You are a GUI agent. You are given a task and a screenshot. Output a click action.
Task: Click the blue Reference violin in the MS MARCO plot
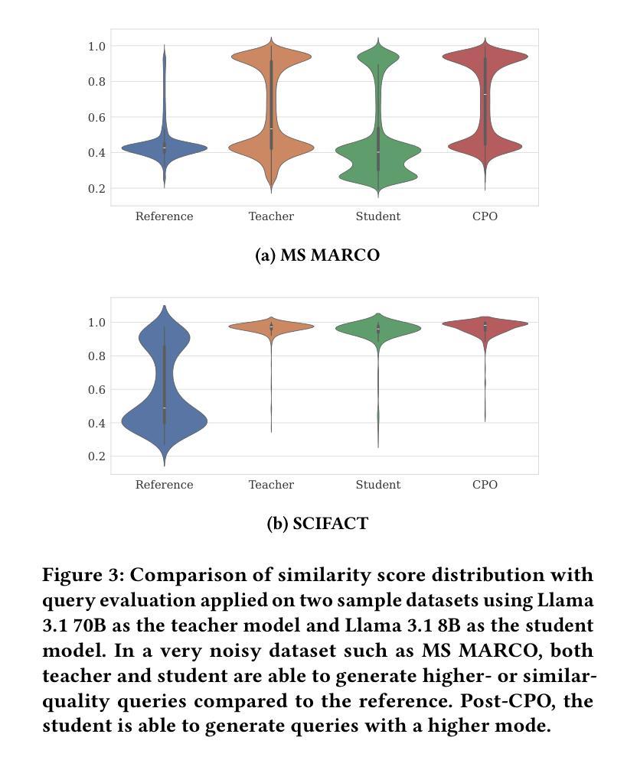164,148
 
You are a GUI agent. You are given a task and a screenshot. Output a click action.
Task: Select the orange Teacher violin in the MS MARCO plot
271,145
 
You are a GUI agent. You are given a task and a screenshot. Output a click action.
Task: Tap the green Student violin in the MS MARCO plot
378,151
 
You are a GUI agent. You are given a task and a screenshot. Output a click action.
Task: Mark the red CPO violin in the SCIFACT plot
485,324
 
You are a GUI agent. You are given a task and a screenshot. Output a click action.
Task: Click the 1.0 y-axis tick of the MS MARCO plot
96,47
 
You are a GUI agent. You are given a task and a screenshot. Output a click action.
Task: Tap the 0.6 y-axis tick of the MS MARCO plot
96,117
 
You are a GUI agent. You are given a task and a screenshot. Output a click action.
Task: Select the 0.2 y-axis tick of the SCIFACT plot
96,456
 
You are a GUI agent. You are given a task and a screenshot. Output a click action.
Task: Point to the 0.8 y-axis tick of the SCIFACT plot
96,356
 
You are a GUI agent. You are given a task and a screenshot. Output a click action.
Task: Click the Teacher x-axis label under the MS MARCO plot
271,216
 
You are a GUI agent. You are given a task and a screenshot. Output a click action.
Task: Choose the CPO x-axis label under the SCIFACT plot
485,485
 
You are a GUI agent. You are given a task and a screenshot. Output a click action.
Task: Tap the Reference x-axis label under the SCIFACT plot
164,485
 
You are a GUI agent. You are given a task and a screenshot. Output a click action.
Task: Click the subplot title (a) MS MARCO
318,255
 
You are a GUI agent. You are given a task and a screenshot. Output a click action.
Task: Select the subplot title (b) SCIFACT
318,524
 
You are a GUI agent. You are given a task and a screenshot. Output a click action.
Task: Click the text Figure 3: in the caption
83,575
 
